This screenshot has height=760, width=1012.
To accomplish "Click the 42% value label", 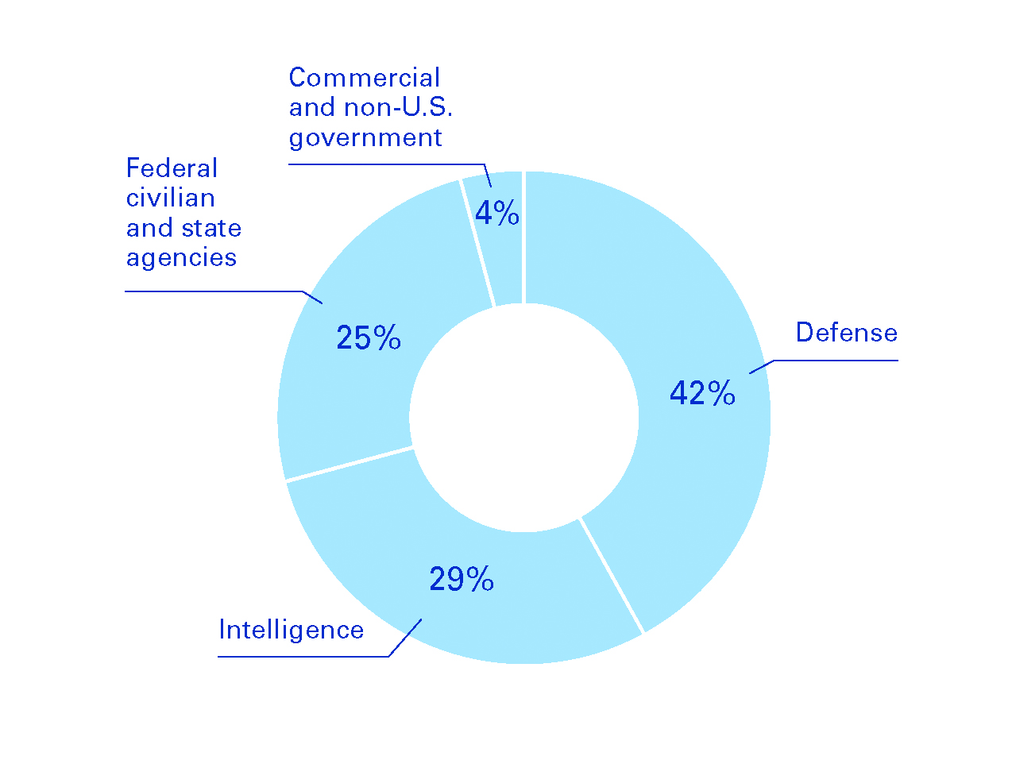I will coord(702,393).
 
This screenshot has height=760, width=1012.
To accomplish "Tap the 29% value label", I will coord(462,580).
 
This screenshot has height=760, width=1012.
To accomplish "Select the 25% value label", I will coord(369,338).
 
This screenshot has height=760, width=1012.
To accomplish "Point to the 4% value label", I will coord(497,213).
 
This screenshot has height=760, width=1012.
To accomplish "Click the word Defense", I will coord(847,332).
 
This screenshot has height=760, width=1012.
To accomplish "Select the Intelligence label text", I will coord(291,630).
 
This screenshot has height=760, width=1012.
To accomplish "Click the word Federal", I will coord(172,168).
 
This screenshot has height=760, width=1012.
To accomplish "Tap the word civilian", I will coord(170,198).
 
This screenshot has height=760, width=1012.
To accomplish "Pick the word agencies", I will coord(181,257).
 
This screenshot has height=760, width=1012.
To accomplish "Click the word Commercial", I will coord(364,78).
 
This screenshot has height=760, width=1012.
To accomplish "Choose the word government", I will coord(365,137).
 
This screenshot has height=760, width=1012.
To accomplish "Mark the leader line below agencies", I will coord(214,291).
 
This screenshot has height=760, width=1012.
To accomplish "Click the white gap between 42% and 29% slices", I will coord(612,575).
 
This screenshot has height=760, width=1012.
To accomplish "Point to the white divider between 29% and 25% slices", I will coord(350,464).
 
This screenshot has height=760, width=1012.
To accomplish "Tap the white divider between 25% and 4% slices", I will coord(477,242).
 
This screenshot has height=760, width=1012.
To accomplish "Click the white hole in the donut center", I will coord(524,418).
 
